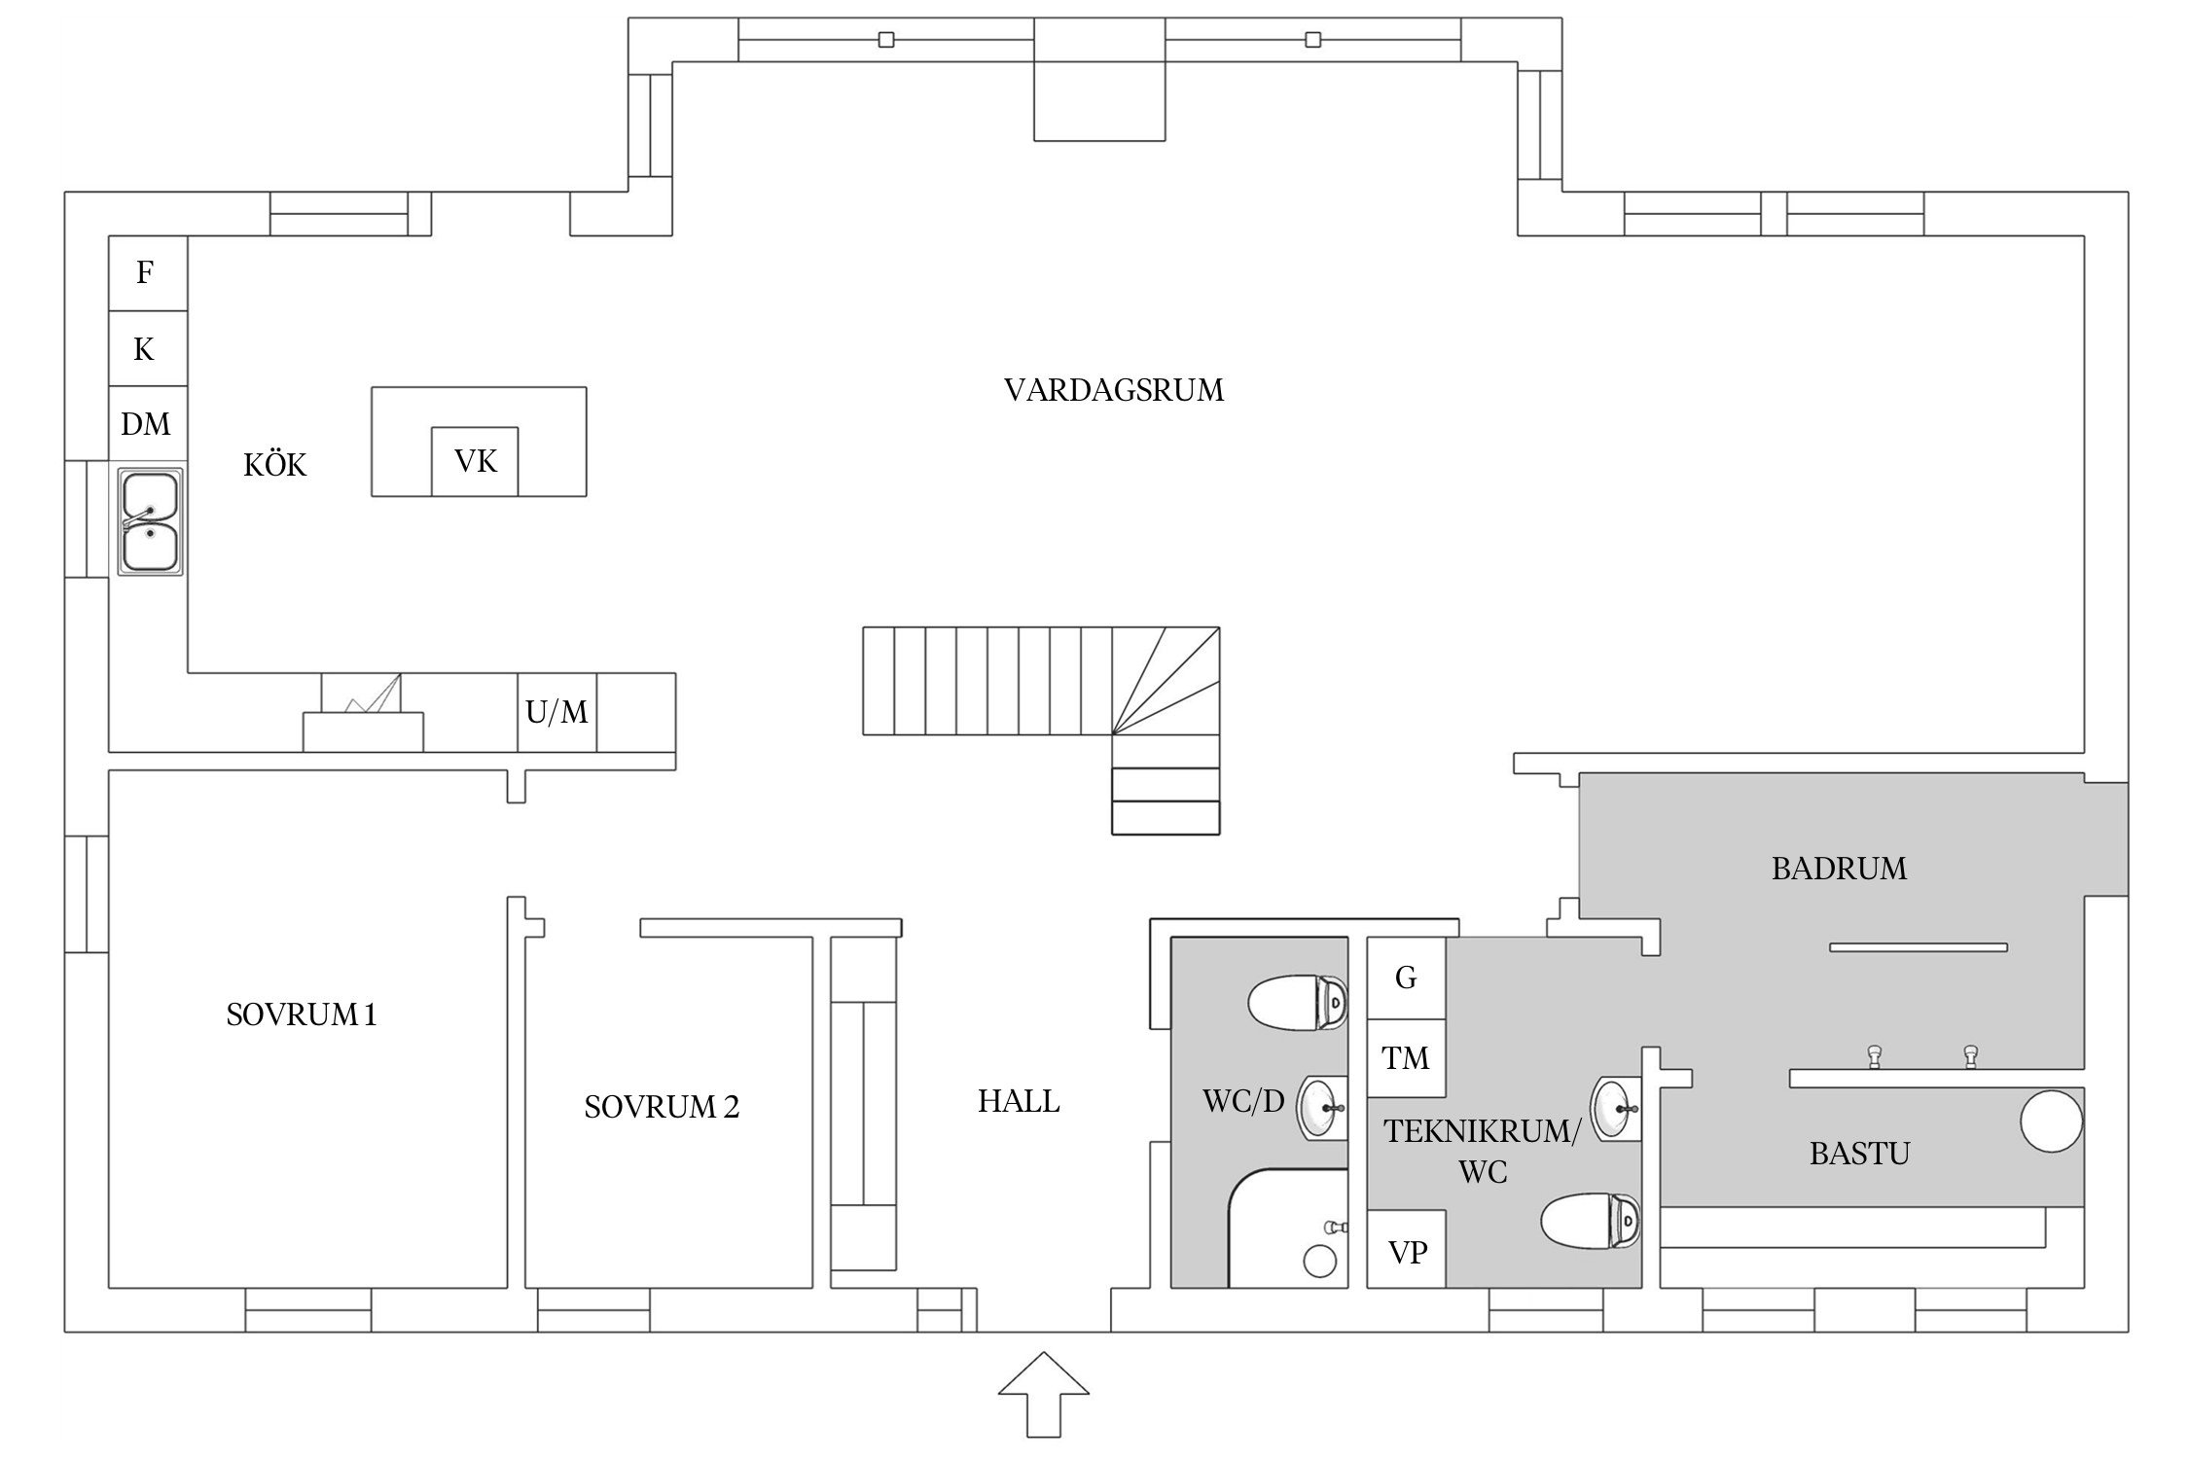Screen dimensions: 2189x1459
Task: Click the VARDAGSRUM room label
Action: coord(1113,390)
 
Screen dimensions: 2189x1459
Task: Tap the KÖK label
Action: coord(274,465)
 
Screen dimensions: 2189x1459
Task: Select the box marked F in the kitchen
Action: coord(147,273)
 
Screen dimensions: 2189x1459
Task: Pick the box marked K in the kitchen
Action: coord(147,349)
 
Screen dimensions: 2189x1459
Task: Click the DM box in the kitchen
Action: coord(147,424)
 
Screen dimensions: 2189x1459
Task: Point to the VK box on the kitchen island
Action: coord(475,461)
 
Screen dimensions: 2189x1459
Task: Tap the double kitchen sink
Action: coord(150,521)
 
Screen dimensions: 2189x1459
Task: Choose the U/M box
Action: coord(556,712)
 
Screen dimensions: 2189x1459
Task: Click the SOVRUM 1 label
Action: coord(301,1014)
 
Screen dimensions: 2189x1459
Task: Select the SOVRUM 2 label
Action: coord(662,1106)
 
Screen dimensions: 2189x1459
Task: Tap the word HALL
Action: coord(1019,1101)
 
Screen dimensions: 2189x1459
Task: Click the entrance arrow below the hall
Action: coord(1043,1393)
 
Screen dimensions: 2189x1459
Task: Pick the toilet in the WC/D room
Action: coord(1298,1003)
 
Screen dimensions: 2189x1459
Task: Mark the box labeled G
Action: coord(1406,978)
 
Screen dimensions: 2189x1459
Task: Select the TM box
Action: coord(1406,1058)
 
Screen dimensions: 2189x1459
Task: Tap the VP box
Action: coord(1406,1250)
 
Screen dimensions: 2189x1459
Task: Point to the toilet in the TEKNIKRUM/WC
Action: coord(1592,1221)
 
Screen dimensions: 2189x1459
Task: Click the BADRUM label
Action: coord(1839,868)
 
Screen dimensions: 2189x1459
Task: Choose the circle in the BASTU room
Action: coord(2051,1121)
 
